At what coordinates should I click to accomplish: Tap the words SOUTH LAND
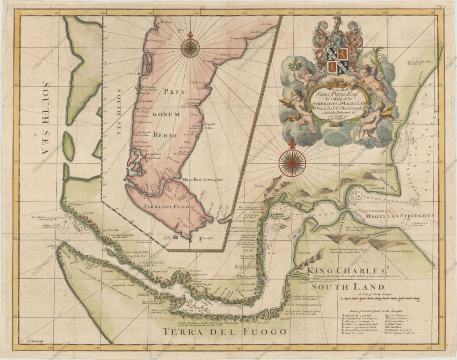click(x=348, y=287)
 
